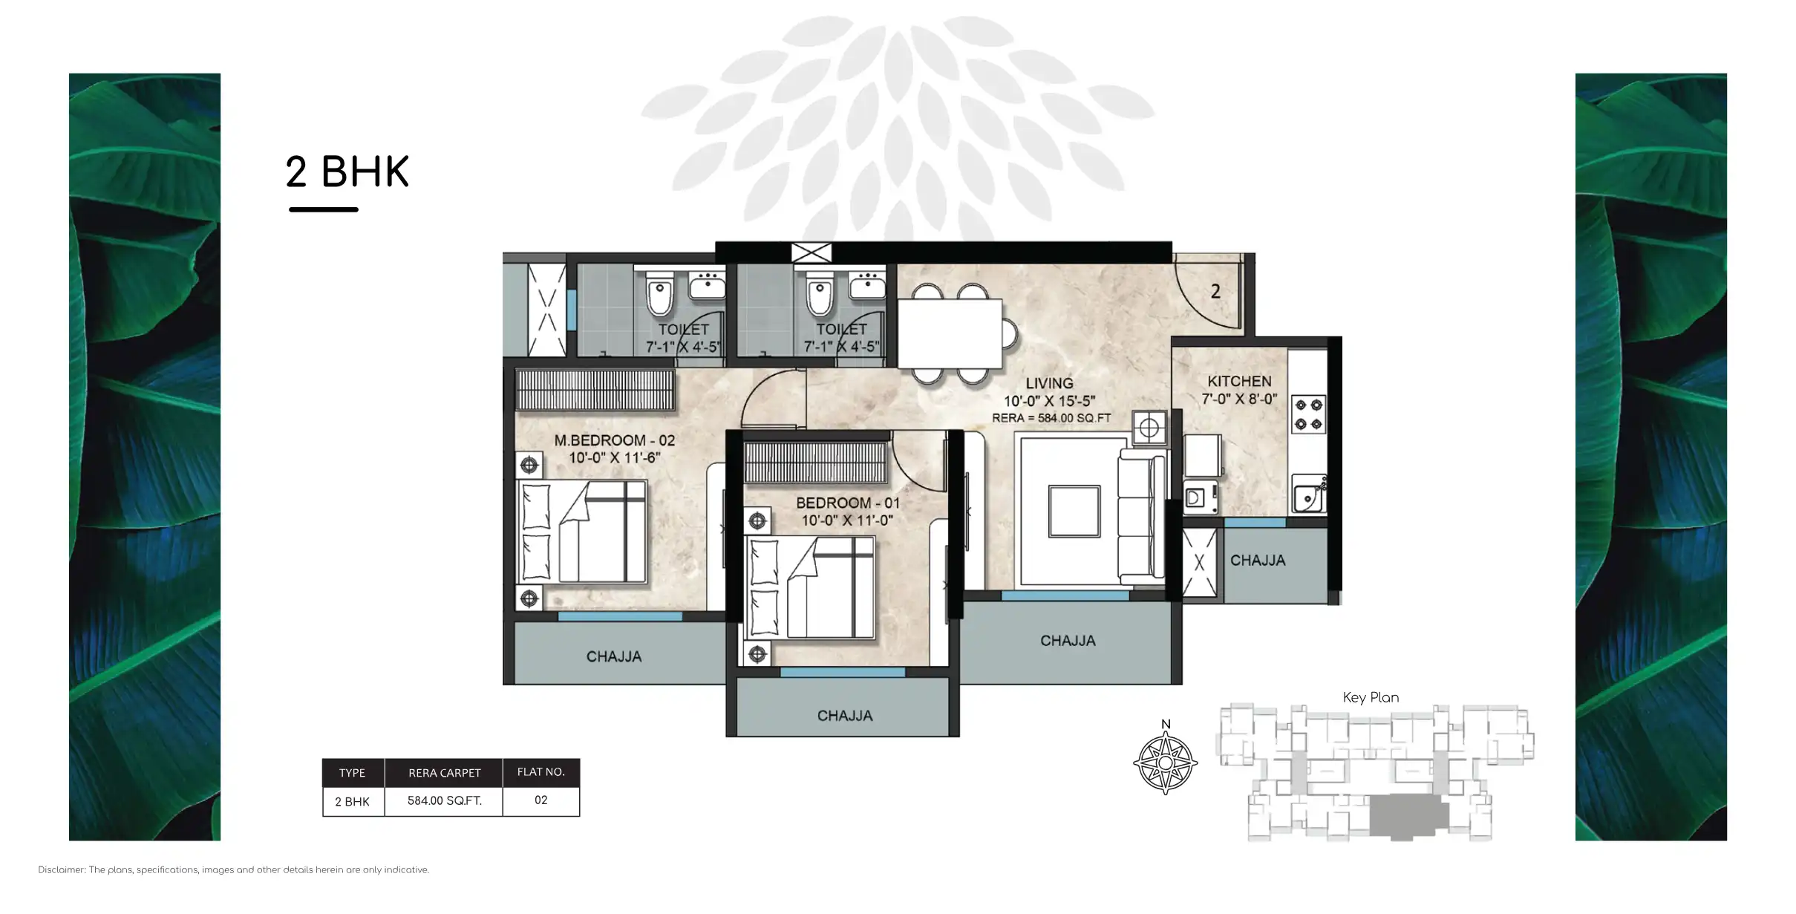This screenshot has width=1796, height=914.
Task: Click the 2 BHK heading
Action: pos(347,172)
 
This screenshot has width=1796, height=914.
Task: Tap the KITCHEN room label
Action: pos(1238,381)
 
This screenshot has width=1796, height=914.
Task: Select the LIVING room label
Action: pos(1048,383)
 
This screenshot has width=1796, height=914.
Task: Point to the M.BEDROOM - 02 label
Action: pos(614,440)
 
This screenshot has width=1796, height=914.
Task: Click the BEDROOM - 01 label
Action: pos(847,503)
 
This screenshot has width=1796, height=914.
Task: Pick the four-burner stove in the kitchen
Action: pos(1308,414)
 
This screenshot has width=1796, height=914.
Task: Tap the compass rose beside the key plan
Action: pos(1165,763)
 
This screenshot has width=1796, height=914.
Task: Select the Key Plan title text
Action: pos(1371,698)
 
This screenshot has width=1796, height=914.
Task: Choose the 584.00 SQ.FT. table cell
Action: pos(444,801)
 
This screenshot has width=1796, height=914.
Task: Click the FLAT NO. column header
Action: pos(541,772)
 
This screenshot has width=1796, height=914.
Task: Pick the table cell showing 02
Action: pos(541,800)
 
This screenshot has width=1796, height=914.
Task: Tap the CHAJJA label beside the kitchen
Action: pos(1257,561)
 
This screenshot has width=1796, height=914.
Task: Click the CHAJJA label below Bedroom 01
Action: pos(844,716)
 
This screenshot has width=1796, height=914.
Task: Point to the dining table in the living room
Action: pos(950,333)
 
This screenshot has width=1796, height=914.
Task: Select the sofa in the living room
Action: pos(1140,517)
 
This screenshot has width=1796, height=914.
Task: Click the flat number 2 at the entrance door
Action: pos(1215,292)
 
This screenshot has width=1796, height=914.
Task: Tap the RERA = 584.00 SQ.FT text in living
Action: pos(1051,418)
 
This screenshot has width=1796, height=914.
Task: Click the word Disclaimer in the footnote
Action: pos(61,870)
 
